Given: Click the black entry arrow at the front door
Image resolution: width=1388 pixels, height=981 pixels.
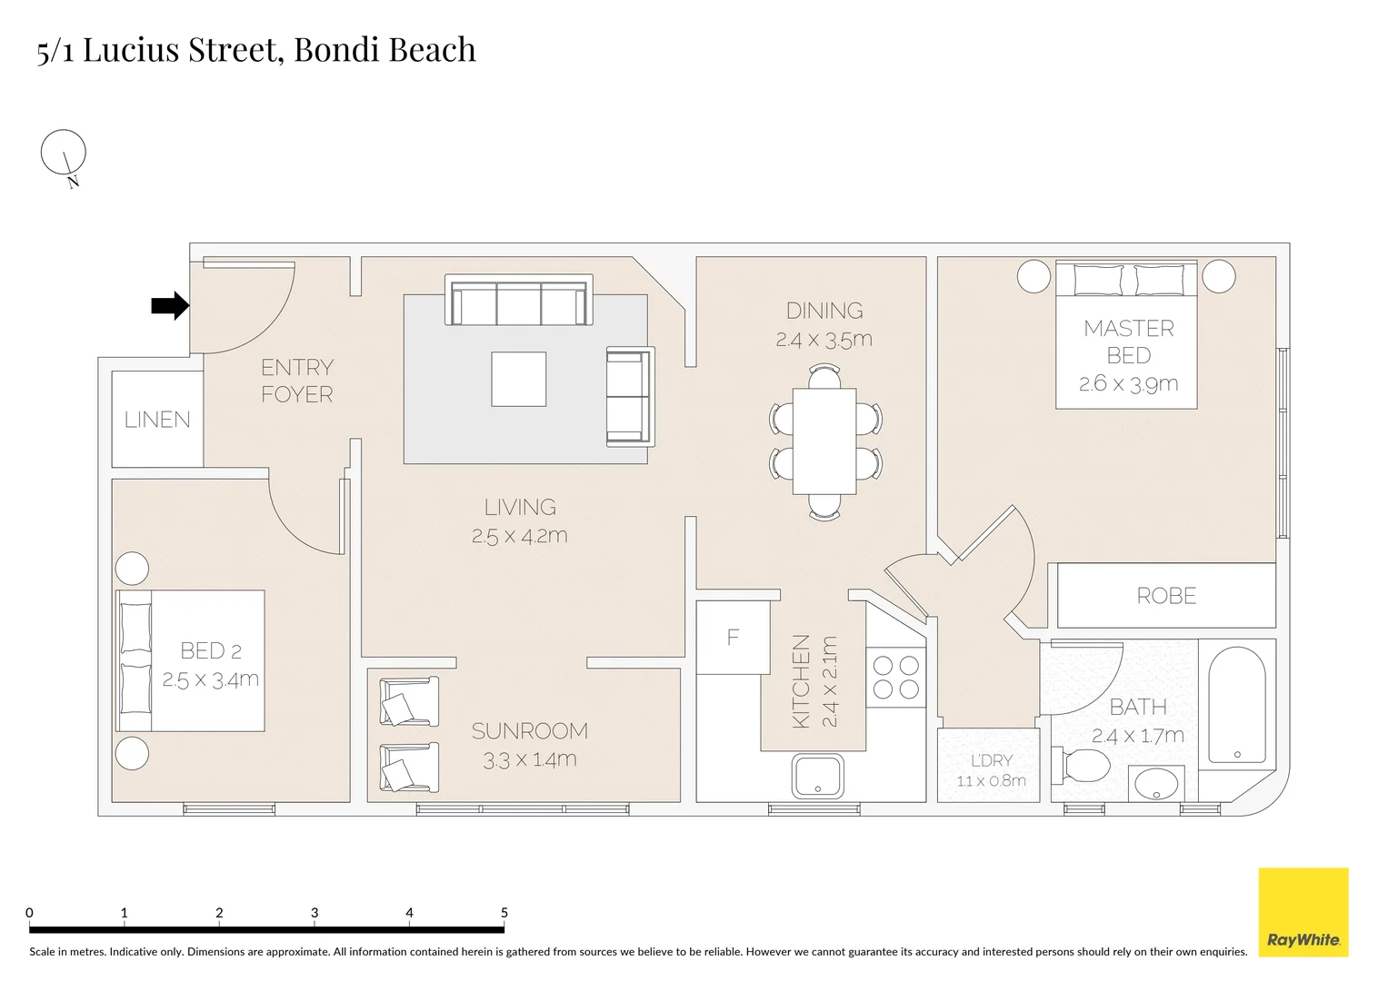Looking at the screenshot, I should tap(169, 306).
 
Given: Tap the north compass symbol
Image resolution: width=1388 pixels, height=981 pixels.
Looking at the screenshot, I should tap(64, 153).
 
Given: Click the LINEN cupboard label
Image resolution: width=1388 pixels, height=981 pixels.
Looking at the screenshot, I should tap(157, 420).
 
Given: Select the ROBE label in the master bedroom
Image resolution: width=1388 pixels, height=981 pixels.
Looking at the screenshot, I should tap(1166, 596).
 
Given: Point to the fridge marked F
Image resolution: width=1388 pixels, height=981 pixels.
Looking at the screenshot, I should tap(733, 638).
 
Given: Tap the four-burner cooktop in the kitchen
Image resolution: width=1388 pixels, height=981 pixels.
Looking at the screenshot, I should tap(895, 678).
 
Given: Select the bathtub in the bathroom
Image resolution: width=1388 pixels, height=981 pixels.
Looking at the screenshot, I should tap(1236, 705).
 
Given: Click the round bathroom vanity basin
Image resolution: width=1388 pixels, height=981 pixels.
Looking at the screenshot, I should tap(1156, 784).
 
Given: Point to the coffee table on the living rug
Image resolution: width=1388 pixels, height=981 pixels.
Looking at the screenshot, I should tap(519, 380).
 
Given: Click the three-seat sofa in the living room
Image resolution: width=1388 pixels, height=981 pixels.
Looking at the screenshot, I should tap(519, 301).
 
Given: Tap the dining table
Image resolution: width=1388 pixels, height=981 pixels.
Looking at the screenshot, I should tap(824, 441).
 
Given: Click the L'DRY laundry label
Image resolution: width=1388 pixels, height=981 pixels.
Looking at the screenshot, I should tap(991, 761).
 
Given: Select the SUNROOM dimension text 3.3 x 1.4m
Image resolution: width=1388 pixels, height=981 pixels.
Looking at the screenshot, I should tap(529, 760).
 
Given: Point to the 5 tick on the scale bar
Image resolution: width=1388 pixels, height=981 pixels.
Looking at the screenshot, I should tap(504, 926).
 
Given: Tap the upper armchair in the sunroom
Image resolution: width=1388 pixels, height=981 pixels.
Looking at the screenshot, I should tap(407, 703).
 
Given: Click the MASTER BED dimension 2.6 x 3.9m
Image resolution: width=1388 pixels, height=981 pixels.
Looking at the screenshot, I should tap(1128, 384).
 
